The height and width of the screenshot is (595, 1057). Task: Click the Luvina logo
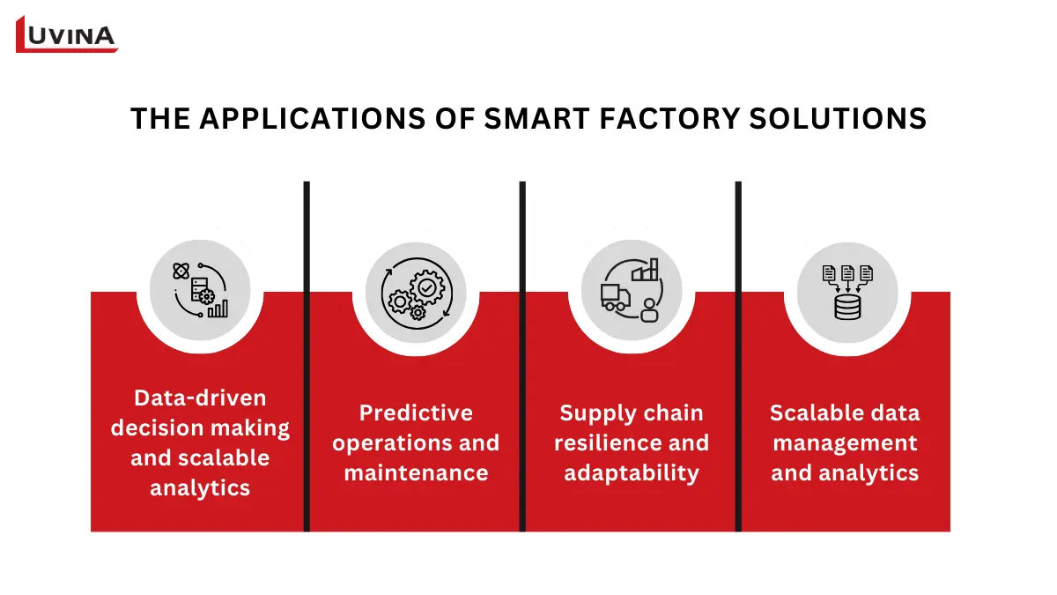point(67,34)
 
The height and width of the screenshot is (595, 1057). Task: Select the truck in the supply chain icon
point(613,297)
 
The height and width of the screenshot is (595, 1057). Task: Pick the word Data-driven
point(200,398)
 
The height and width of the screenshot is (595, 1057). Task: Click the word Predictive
point(416,413)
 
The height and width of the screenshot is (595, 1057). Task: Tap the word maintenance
point(416,472)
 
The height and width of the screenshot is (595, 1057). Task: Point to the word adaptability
point(632,472)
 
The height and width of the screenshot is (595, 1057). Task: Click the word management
point(846,443)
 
